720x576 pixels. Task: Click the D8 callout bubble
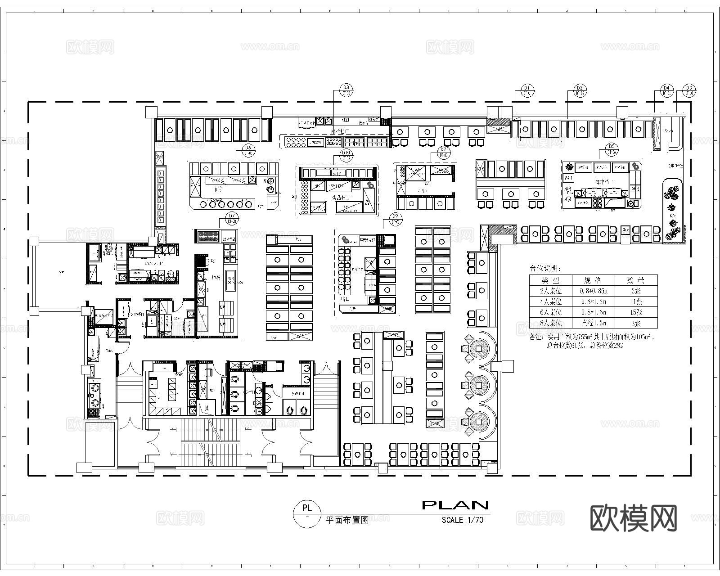pos(346,90)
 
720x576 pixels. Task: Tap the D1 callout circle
pos(527,90)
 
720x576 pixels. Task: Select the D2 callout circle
pos(580,90)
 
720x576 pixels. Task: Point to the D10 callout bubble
pos(346,156)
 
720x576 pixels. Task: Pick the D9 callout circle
pos(396,219)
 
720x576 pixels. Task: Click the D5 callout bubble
pos(611,149)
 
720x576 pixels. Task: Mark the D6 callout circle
pos(247,150)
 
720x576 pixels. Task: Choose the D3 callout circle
pos(688,90)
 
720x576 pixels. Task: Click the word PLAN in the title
pos(455,505)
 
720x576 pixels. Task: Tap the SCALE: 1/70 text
pos(462,520)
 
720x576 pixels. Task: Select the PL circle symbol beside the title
pos(307,513)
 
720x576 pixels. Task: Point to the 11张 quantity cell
pos(636,301)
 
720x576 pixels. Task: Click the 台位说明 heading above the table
pos(544,269)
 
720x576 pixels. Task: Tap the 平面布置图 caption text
pos(346,520)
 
